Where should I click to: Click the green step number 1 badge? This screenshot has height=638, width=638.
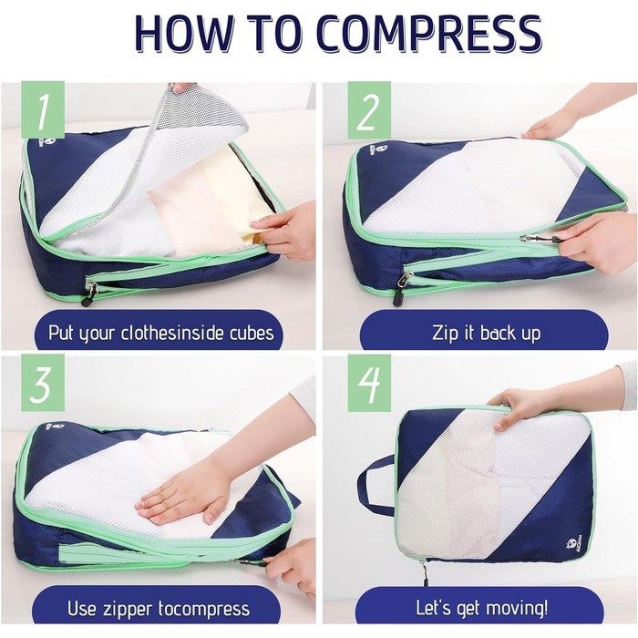[x=43, y=110]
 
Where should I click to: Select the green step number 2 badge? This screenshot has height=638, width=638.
[x=369, y=110]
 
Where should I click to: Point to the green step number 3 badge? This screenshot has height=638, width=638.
[x=43, y=383]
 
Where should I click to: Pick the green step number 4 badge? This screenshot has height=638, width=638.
[x=369, y=383]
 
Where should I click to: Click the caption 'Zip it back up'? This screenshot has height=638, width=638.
[x=486, y=333]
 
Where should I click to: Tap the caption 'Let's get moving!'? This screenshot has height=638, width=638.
[x=482, y=608]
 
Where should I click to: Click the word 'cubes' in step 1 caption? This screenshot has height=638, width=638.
[x=252, y=333]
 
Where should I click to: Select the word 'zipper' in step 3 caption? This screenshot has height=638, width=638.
[x=127, y=610]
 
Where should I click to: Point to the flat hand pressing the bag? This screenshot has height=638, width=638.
[x=183, y=494]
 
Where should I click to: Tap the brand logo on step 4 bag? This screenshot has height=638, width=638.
[x=571, y=545]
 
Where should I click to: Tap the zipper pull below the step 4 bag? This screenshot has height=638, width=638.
[x=424, y=573]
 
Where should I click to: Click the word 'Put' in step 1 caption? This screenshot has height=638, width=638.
[x=61, y=333]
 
